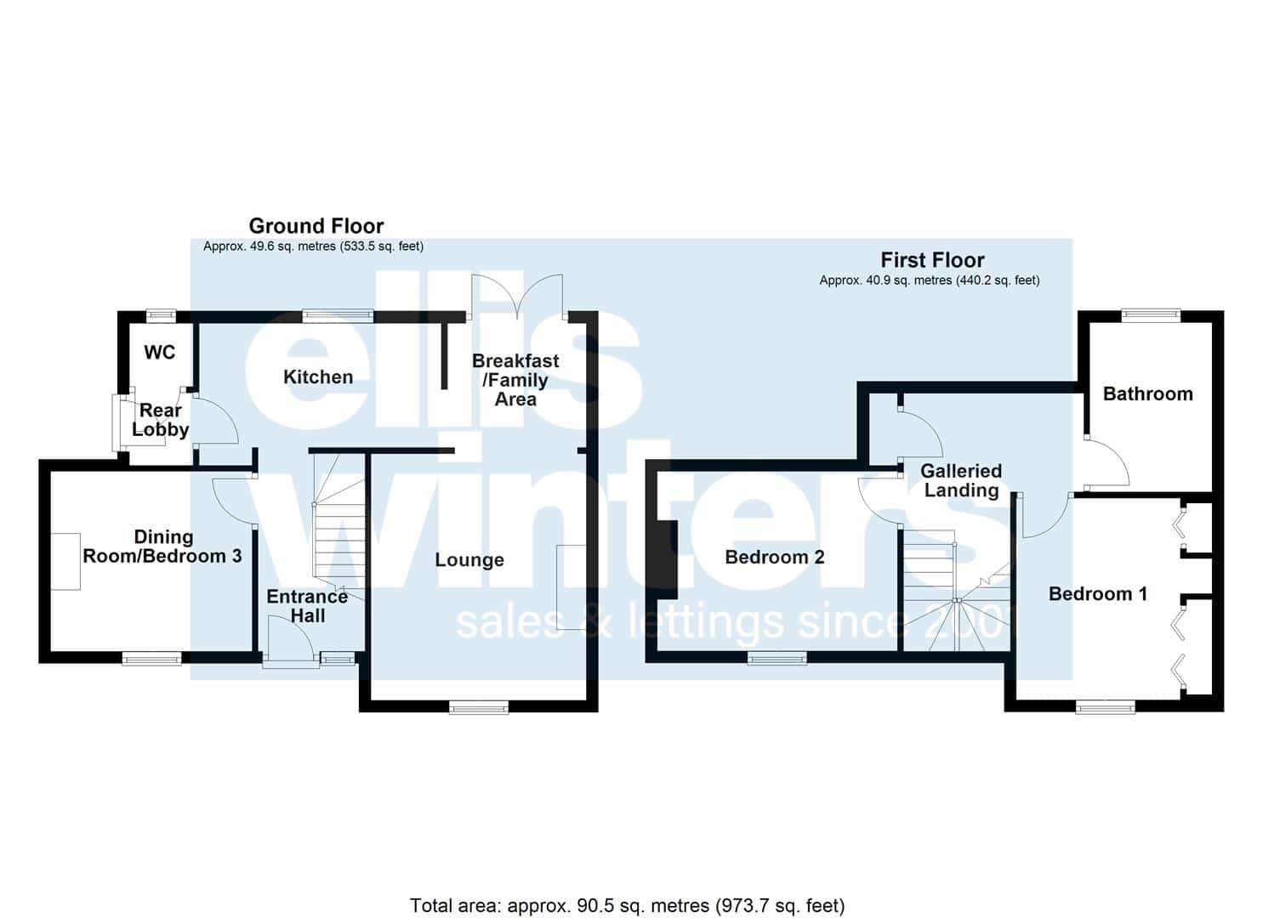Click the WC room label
coord(160,353)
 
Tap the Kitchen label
coord(318,377)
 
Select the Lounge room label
coord(469,560)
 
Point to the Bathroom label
coord(1147,394)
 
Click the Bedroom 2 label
coord(774,558)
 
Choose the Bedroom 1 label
coord(1098,594)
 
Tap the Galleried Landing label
coord(961,481)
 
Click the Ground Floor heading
coord(316,226)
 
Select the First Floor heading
coord(933,260)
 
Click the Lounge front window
coord(479,707)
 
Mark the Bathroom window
coord(1151,315)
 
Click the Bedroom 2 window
coord(777,658)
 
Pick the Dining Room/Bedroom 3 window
coord(152,658)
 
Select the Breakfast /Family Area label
coord(515,381)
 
